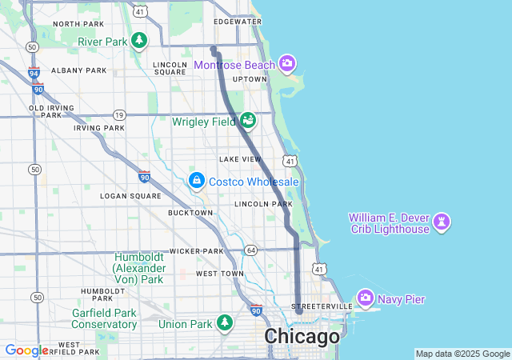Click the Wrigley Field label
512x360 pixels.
(204, 122)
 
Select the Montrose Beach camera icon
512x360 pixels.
(287, 64)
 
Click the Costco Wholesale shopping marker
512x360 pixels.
(196, 182)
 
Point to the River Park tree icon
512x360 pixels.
(139, 41)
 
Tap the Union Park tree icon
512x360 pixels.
(226, 323)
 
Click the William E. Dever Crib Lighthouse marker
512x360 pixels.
(442, 221)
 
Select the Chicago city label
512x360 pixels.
(302, 337)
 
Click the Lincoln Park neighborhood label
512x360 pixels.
(263, 204)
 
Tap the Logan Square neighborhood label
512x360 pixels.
(130, 195)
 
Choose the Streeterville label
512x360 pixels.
(322, 306)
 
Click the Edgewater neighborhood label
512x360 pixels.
(238, 22)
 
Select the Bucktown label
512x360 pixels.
(190, 213)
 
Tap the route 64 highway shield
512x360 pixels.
(250, 250)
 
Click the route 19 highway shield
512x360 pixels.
(119, 115)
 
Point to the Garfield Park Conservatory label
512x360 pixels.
(104, 318)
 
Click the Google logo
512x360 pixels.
(26, 350)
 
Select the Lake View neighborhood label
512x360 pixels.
(240, 159)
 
